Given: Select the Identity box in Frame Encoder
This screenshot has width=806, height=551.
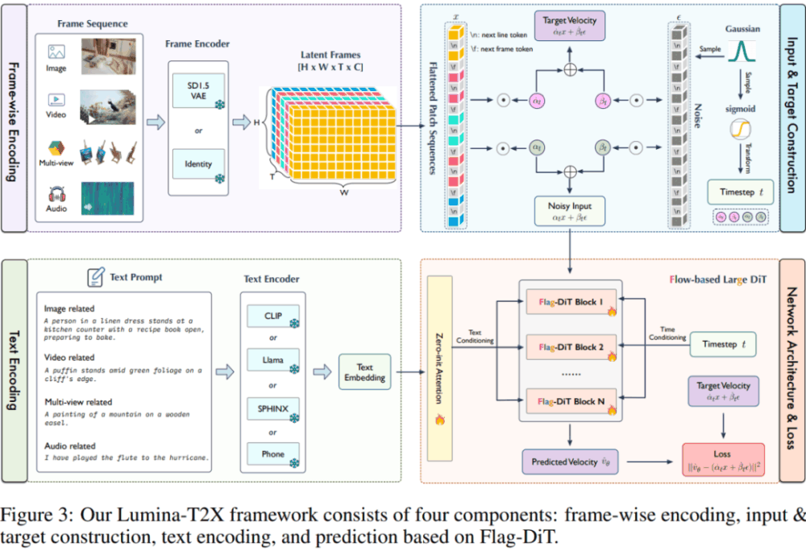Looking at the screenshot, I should point(197,164).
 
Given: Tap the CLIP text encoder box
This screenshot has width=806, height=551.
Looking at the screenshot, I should point(272,314).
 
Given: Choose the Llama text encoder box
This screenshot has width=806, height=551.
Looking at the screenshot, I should point(272,360).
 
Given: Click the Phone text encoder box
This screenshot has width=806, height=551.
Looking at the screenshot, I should point(272,454).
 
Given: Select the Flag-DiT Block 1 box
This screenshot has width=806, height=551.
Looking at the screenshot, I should point(571,303).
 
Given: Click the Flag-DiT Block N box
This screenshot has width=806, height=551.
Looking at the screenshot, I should point(571,401).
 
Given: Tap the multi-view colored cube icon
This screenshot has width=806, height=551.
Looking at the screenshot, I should point(56,149).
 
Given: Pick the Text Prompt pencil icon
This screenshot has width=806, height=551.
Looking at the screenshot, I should point(95,278).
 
